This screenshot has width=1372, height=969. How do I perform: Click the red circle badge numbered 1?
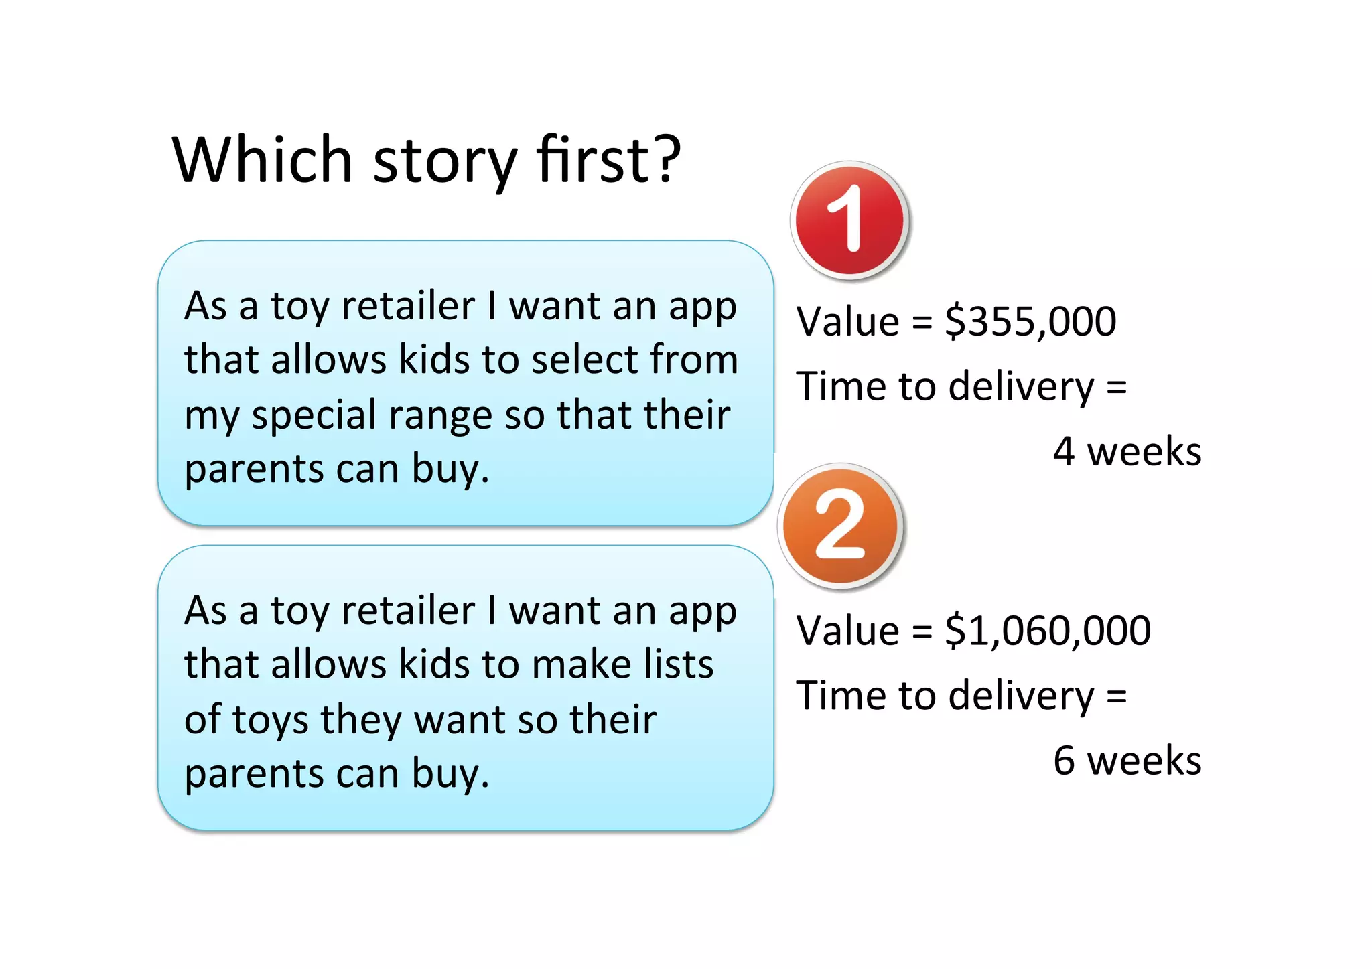tap(849, 220)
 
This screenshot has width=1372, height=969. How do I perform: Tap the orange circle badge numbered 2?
tap(840, 526)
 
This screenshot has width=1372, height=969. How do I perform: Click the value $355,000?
tap(1030, 321)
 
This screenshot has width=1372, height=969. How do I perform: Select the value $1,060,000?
tap(1048, 631)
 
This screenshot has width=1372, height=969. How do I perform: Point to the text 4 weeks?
tap(1127, 451)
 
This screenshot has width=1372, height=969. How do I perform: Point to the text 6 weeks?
tap(1127, 761)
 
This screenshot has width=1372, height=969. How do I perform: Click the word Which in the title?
tap(262, 160)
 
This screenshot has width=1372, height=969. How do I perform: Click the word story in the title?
tap(445, 161)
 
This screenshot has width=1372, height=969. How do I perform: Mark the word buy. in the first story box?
tap(450, 469)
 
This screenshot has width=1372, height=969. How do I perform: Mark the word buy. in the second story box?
tap(450, 775)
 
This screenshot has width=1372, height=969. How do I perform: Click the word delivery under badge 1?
tap(1021, 388)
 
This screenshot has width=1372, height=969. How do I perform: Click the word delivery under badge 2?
tap(1021, 696)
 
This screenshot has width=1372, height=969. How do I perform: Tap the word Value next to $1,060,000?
tap(847, 631)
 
